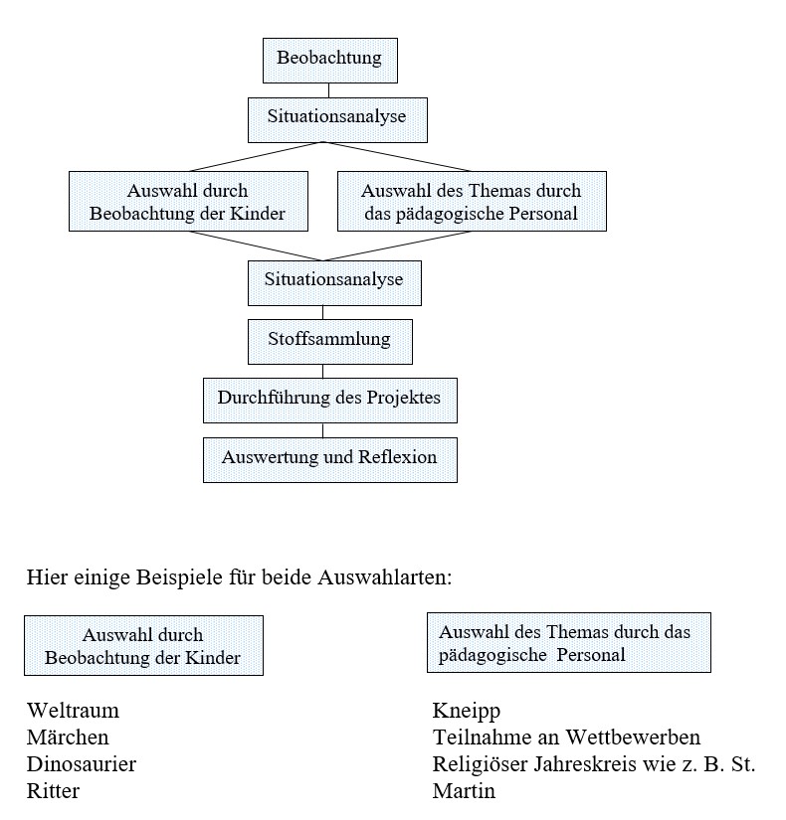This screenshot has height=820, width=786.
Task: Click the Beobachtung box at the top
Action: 330,61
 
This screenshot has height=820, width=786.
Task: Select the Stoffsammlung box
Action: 330,342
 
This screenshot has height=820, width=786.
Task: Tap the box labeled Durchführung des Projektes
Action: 330,401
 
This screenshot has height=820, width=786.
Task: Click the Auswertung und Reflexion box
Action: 330,459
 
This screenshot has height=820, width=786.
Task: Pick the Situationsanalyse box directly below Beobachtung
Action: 337,119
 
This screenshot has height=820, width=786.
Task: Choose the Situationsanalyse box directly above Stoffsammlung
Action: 334,283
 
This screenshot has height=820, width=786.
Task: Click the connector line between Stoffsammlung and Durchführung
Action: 322,372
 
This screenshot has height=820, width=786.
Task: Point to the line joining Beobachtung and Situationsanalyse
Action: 329,90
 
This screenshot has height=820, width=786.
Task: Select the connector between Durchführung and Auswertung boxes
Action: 322,430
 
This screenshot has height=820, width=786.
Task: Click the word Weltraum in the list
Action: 73,711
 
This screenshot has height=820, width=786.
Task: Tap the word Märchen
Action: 68,737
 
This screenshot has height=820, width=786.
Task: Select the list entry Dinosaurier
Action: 82,764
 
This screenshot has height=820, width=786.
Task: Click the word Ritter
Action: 53,791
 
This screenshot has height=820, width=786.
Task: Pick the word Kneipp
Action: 467,712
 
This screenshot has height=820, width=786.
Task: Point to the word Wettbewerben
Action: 633,737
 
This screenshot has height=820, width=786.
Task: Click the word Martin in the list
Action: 464,791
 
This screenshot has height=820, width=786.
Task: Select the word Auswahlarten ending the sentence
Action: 384,577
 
